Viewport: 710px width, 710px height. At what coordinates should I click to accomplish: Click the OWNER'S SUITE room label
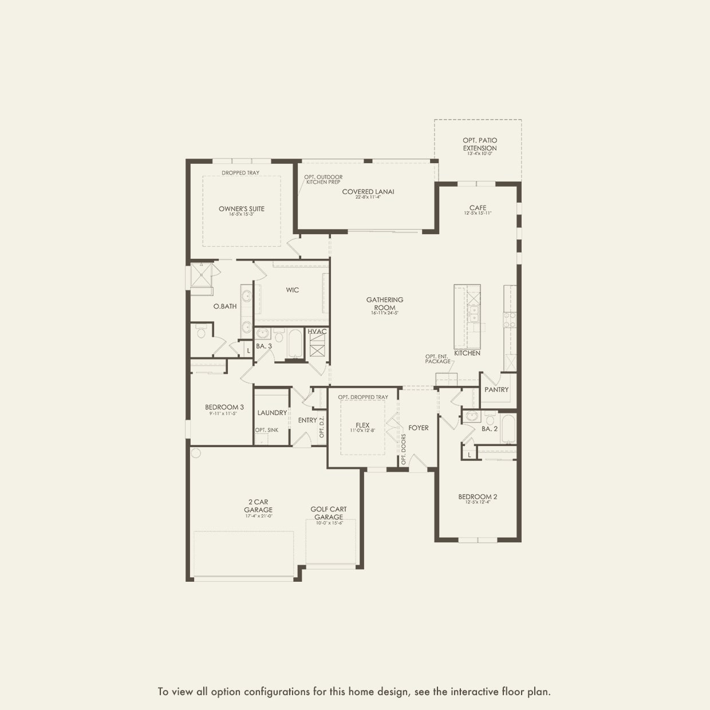tap(242, 209)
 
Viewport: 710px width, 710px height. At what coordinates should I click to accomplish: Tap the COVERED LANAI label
tap(368, 192)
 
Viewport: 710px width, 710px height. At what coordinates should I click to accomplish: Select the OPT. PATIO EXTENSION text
tap(480, 144)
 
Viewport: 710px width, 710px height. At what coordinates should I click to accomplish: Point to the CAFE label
tap(478, 208)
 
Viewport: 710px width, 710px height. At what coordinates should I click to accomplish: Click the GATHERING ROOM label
tap(385, 303)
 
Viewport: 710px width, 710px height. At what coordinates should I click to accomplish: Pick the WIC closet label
tap(293, 290)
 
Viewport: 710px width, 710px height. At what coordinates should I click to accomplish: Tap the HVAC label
tap(317, 332)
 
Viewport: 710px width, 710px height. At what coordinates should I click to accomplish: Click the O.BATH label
tap(225, 306)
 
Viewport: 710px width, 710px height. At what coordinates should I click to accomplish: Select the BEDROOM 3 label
tap(224, 408)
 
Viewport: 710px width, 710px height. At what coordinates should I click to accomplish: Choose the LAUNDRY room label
tap(272, 413)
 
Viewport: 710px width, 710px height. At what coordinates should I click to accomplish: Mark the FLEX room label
tap(362, 425)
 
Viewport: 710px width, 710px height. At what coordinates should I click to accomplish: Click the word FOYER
tap(419, 428)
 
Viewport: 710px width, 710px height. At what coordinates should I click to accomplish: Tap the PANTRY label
tap(496, 390)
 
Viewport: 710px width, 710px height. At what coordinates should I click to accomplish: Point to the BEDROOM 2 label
tap(478, 497)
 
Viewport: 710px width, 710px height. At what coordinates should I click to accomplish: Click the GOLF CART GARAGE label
tap(329, 513)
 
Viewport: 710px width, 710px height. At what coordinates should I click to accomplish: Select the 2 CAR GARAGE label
tap(258, 506)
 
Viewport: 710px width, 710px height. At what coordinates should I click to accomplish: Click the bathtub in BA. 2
tap(508, 429)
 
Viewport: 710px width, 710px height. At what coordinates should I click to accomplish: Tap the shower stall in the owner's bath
tap(202, 275)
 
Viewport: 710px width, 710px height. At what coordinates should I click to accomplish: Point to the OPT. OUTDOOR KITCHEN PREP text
tap(324, 179)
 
